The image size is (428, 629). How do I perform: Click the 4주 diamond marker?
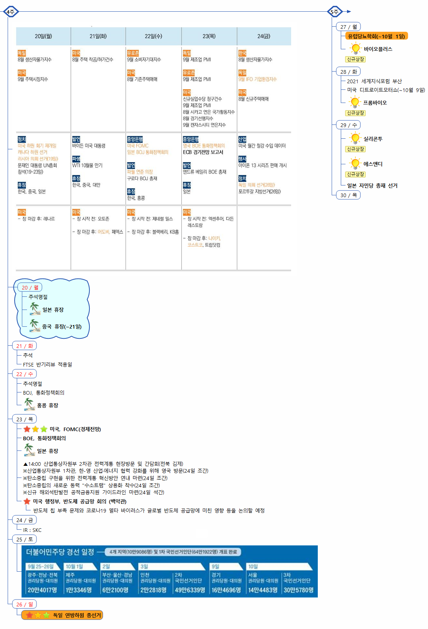pyautogui.click(x=11, y=12)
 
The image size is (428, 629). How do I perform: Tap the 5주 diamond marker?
pyautogui.click(x=335, y=12)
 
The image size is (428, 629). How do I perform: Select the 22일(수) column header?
pyautogui.click(x=153, y=36)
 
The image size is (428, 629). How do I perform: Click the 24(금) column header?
pyautogui.click(x=264, y=36)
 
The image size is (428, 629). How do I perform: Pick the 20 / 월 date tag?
pyautogui.click(x=30, y=287)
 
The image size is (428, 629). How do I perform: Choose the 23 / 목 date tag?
pyautogui.click(x=24, y=419)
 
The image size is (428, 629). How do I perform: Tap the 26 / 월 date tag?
pyautogui.click(x=24, y=604)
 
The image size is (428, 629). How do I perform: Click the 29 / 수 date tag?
pyautogui.click(x=348, y=125)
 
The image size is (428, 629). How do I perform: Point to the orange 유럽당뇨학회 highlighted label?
pyautogui.click(x=376, y=36)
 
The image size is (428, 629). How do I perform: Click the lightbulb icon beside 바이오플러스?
pyautogui.click(x=355, y=48)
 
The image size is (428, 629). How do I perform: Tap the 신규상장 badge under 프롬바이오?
pyautogui.click(x=355, y=113)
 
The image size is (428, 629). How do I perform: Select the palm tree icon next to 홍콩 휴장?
pyautogui.click(x=29, y=404)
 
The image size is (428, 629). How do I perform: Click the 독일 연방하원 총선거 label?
pyautogui.click(x=77, y=615)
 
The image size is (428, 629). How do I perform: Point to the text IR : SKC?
pyautogui.click(x=32, y=530)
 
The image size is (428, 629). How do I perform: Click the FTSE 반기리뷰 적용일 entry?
pyautogui.click(x=47, y=364)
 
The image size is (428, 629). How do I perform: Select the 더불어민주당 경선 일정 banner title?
pyautogui.click(x=60, y=552)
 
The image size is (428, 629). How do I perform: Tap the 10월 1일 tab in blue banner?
pyautogui.click(x=74, y=567)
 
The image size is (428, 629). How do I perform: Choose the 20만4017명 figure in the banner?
pyautogui.click(x=42, y=590)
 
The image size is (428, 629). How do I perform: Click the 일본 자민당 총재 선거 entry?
pyautogui.click(x=372, y=185)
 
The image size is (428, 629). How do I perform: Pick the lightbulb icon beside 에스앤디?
pyautogui.click(x=355, y=163)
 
